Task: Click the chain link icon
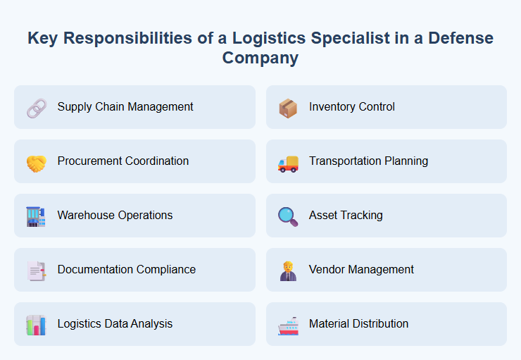pos(36,107)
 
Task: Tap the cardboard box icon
pos(287,107)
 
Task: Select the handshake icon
pos(36,161)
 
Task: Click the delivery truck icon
pos(287,162)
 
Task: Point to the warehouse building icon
pos(36,216)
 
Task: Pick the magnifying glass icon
pos(287,216)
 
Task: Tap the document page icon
pos(36,270)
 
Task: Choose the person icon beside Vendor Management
pos(287,270)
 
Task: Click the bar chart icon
pos(36,324)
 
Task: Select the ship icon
pos(287,325)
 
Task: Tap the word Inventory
pos(331,107)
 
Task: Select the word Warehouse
pos(84,216)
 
